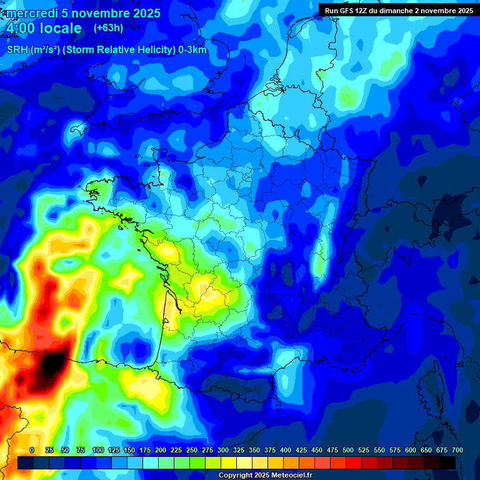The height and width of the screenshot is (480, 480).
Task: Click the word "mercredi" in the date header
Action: coord(28,13)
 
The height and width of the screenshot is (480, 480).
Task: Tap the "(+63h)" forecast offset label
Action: coord(108,27)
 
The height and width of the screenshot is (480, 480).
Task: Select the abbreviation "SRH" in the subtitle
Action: coord(17,50)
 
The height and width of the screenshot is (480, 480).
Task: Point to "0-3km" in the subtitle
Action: coord(192,50)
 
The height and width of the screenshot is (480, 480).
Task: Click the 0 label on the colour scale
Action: coord(32,450)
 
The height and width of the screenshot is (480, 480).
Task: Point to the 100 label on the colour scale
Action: coord(98,450)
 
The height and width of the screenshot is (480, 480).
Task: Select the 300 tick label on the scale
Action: coord(223,450)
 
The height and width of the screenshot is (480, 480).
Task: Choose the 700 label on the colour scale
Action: coord(457,450)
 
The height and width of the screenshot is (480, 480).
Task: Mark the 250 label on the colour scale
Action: coord(192,450)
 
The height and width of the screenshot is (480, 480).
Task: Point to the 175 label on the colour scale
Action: coord(145,450)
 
